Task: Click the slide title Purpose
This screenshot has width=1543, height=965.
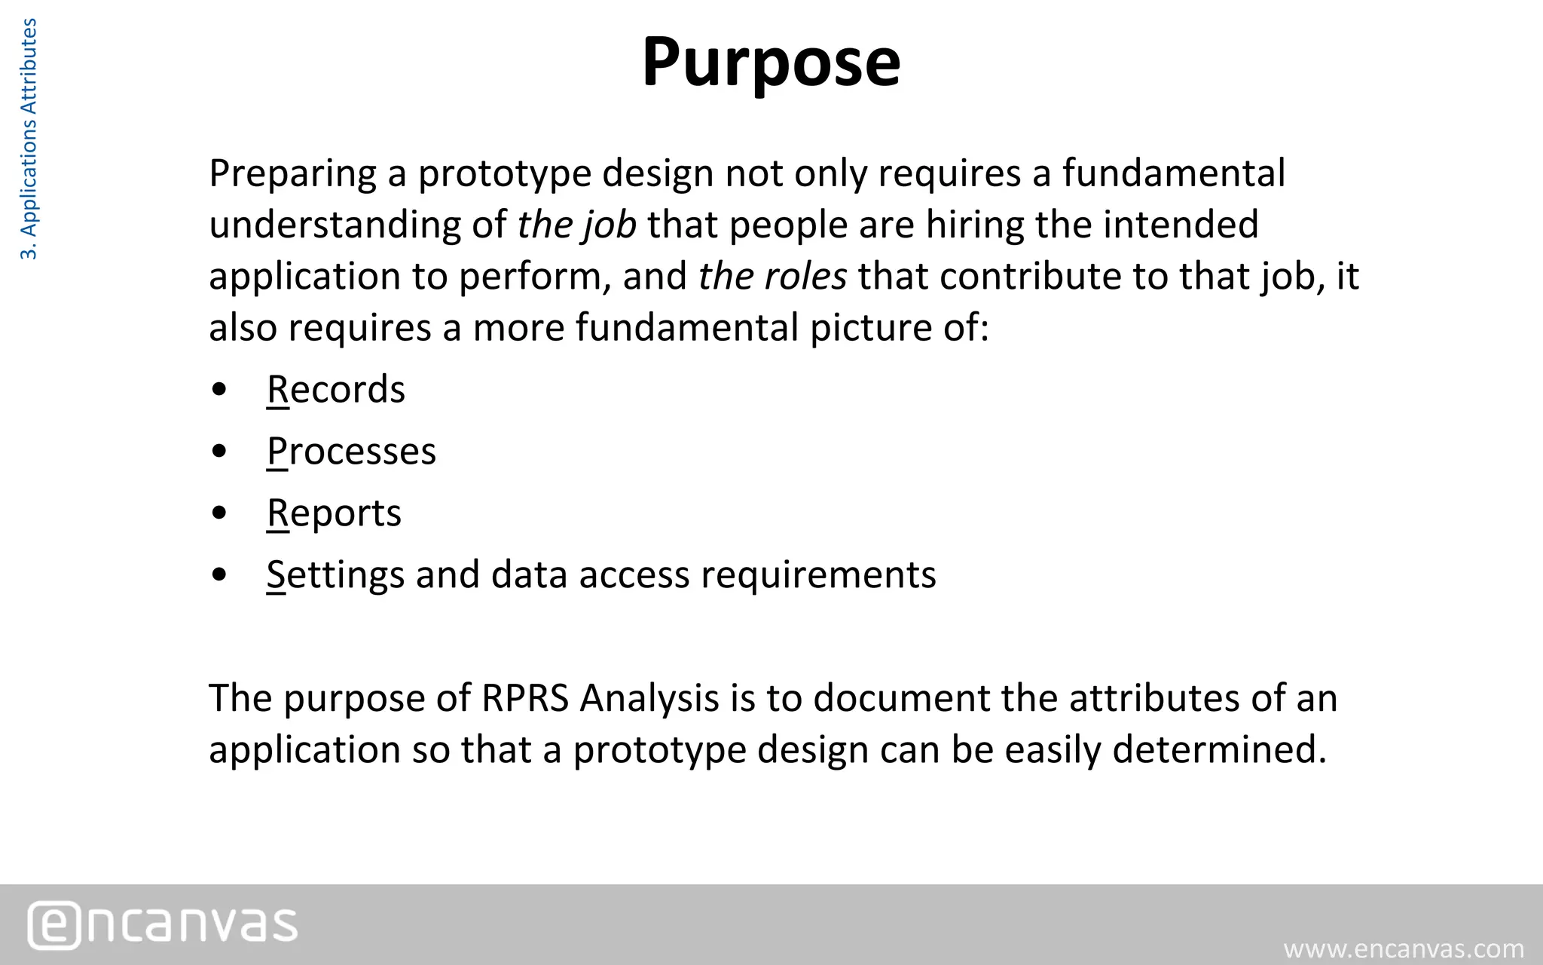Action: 771,62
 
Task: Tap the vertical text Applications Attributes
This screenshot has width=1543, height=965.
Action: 28,139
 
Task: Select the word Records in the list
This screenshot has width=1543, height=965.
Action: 336,390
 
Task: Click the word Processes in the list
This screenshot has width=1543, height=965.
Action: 351,452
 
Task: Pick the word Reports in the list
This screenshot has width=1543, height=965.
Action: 334,513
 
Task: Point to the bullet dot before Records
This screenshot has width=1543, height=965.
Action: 220,391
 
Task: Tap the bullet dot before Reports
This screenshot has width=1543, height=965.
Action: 220,514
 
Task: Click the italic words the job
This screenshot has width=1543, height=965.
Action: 576,225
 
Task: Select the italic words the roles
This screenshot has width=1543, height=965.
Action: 772,276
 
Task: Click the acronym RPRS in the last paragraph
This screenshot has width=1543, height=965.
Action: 524,698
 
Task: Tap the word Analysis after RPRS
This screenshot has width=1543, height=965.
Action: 649,698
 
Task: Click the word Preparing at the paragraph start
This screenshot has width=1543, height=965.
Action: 292,174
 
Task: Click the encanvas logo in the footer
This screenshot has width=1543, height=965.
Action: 163,924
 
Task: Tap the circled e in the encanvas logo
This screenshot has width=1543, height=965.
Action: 54,925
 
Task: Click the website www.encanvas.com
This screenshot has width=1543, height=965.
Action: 1404,948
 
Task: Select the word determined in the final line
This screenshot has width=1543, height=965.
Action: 1219,749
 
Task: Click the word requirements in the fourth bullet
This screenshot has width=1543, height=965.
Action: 818,575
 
